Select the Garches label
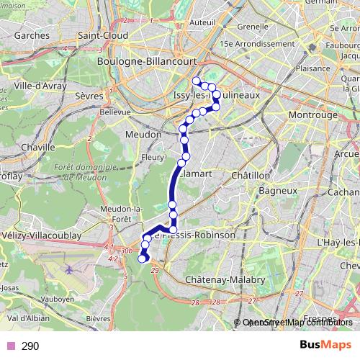(x=25, y=35)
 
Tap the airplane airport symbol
(x=69, y=269)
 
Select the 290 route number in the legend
(x=30, y=346)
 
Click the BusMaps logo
(x=325, y=346)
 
